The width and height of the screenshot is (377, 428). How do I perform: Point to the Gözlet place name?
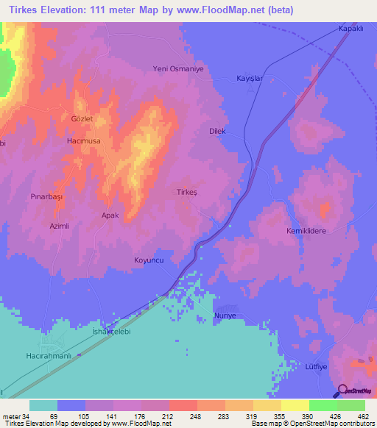pos(82,118)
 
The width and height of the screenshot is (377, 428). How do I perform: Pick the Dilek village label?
pos(216,131)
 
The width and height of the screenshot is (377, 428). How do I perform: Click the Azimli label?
pos(58,226)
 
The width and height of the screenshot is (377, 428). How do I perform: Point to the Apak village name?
pos(110,215)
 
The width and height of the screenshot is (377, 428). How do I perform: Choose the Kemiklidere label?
pos(306,230)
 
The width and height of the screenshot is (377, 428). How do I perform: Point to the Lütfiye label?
pos(314,365)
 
